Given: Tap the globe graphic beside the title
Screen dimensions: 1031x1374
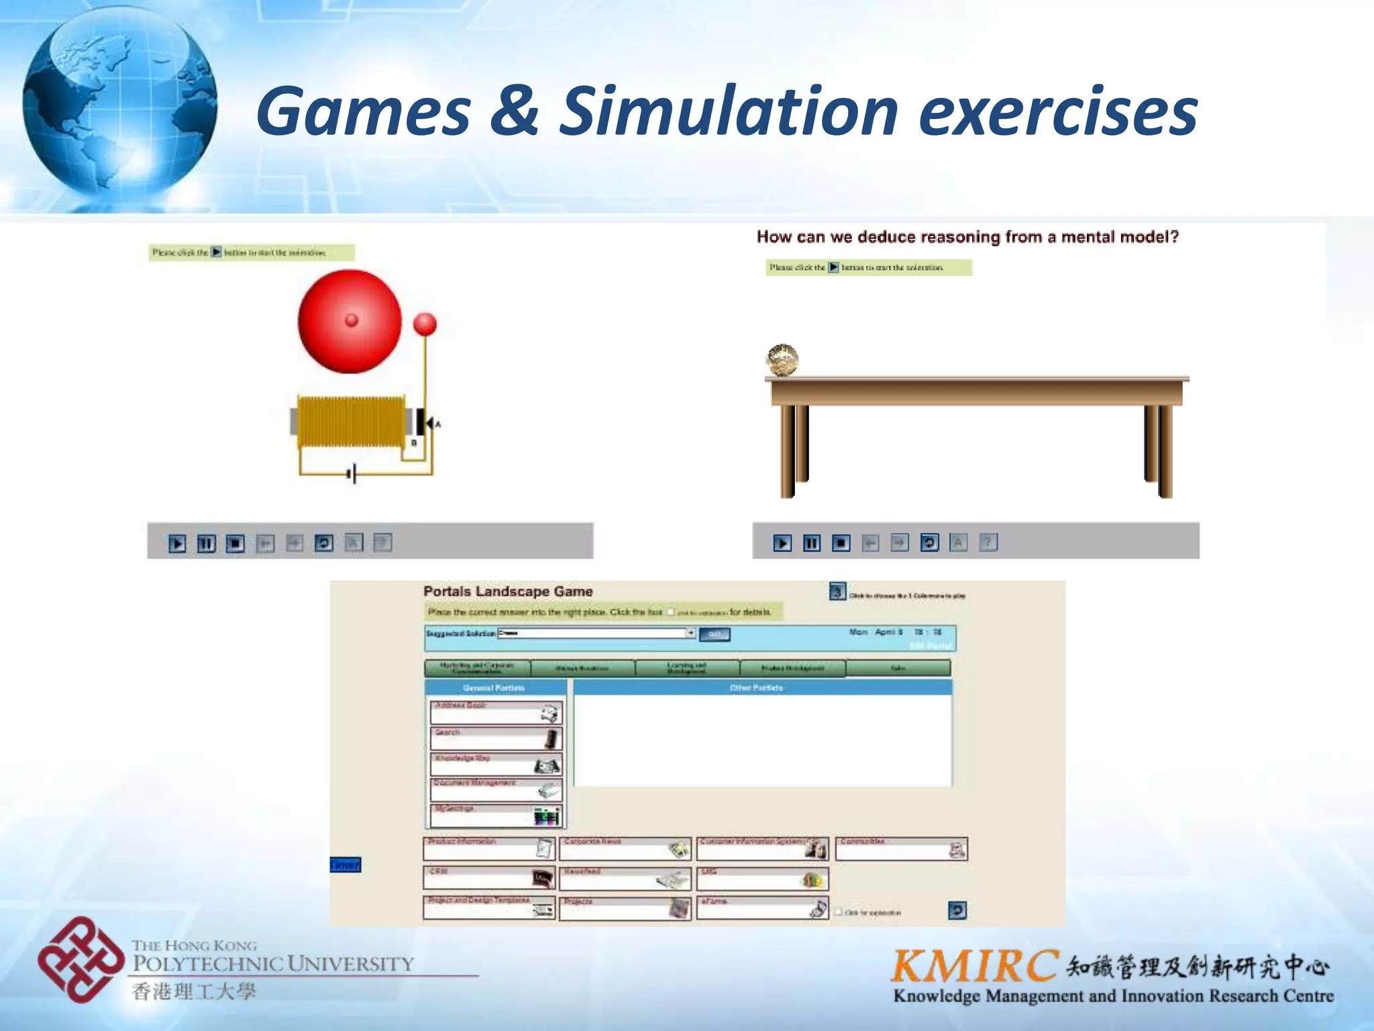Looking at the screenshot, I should (x=119, y=107).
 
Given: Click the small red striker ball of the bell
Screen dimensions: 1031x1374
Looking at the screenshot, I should (x=424, y=324).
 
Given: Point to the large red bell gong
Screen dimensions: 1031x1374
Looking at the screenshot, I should (x=349, y=321).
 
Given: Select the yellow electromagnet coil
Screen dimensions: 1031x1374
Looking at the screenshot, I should (x=351, y=422).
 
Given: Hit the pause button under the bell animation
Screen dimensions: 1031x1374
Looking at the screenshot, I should (x=206, y=543).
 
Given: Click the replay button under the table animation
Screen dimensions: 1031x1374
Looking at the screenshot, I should (x=929, y=542).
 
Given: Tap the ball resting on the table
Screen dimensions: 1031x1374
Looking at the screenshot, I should (x=782, y=360).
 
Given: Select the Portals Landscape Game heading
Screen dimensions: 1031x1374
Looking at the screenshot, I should (x=508, y=591).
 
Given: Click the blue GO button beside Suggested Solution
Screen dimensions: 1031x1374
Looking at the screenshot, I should (x=715, y=634).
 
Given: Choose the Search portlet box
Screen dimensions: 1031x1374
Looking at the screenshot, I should (x=495, y=738).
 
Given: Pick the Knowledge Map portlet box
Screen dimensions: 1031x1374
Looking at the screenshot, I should (x=495, y=765).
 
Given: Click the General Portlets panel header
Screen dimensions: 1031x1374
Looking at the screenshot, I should (x=494, y=688).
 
